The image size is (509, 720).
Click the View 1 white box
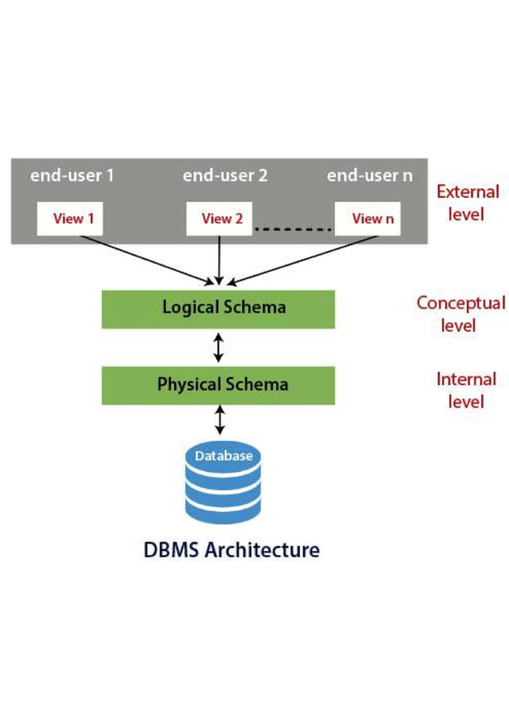[70, 218]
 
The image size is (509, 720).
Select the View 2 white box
[219, 218]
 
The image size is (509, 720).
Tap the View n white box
[367, 218]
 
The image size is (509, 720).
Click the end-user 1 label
[72, 175]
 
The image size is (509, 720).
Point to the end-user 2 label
[225, 175]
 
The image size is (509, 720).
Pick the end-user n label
[369, 175]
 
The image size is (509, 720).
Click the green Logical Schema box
[219, 309]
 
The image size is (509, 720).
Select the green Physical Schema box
[219, 385]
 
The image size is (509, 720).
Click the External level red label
[468, 203]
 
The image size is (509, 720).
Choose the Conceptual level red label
[460, 313]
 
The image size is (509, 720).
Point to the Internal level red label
[466, 390]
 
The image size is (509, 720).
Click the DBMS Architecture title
[231, 549]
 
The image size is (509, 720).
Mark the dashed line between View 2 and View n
[293, 230]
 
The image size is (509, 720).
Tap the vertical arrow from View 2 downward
[219, 261]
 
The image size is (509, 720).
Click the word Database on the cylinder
[223, 456]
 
